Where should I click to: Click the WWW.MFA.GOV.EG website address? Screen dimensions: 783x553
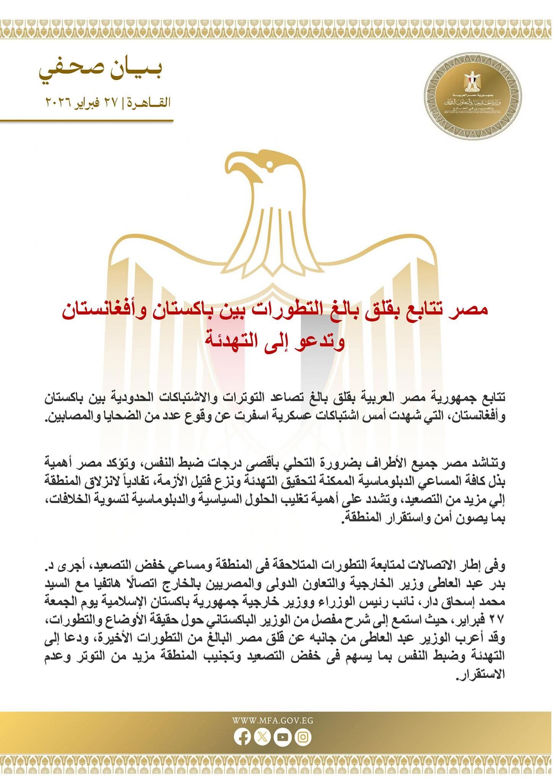tap(273, 720)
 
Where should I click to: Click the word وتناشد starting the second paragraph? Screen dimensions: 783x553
tap(491, 464)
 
